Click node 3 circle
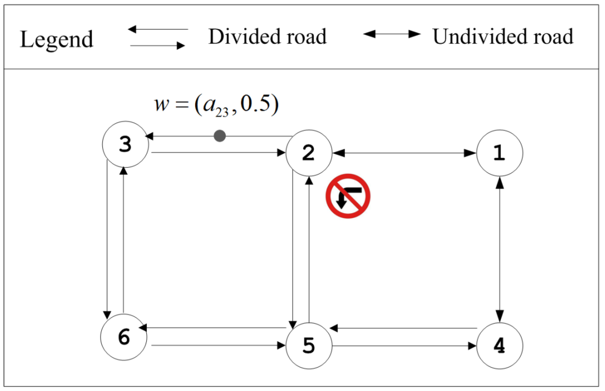(125, 144)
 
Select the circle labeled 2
(309, 153)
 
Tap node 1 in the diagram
(500, 153)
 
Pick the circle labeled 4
(500, 346)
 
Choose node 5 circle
(309, 346)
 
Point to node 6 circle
(124, 337)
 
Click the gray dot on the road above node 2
(220, 136)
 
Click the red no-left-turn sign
(348, 196)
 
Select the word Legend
(57, 39)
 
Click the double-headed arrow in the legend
(391, 34)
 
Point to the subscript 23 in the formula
(221, 112)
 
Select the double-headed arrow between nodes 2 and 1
(404, 153)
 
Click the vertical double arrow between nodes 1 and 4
(500, 249)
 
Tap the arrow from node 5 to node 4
(404, 346)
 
